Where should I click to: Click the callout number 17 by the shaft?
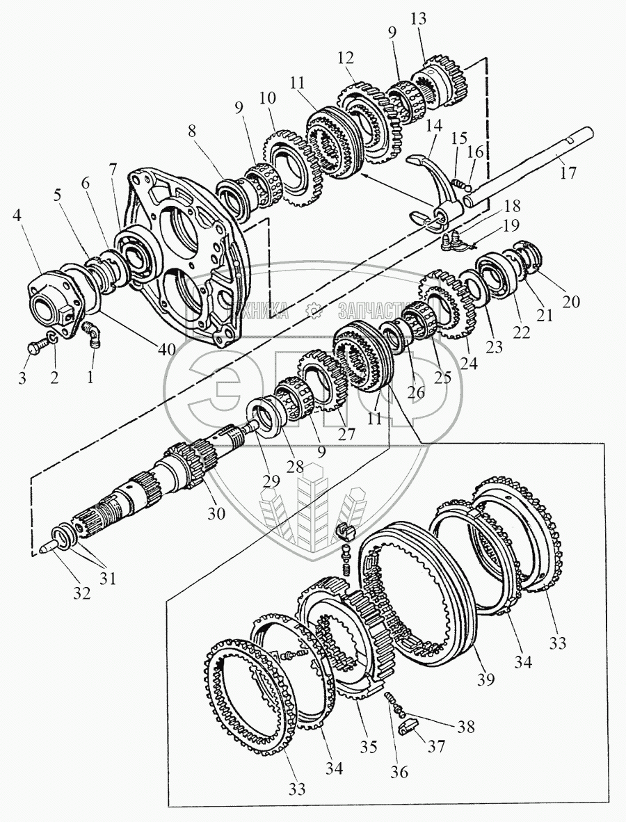[568, 172]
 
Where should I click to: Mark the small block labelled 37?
[410, 727]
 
